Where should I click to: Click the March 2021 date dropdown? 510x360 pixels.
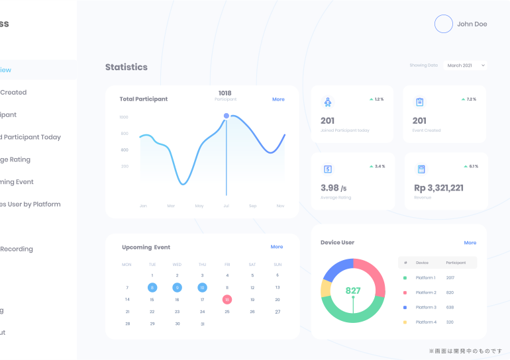(x=465, y=66)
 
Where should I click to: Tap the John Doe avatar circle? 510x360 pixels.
(x=443, y=24)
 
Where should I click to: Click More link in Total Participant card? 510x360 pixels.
(x=278, y=99)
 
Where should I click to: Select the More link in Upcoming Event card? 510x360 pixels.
(x=277, y=247)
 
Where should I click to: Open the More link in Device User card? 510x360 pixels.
(x=470, y=243)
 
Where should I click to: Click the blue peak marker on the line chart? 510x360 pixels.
(x=227, y=116)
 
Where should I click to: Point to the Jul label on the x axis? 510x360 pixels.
(x=227, y=206)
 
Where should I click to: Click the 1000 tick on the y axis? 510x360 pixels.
(x=124, y=117)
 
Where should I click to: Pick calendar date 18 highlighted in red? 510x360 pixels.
(x=227, y=300)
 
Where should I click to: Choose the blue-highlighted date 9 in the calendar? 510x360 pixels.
(x=177, y=287)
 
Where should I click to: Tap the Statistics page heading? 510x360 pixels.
(x=127, y=67)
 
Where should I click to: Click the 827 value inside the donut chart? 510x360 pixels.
(x=353, y=291)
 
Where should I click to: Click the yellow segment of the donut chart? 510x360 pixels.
(x=325, y=289)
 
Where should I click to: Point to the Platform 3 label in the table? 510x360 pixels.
(x=426, y=307)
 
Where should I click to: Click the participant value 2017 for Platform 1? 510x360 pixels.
(x=450, y=278)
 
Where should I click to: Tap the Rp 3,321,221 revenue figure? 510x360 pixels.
(x=438, y=188)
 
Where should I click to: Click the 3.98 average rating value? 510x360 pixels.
(x=330, y=188)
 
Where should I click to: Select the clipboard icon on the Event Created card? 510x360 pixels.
(x=419, y=102)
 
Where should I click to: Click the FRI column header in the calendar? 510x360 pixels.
(x=227, y=264)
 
